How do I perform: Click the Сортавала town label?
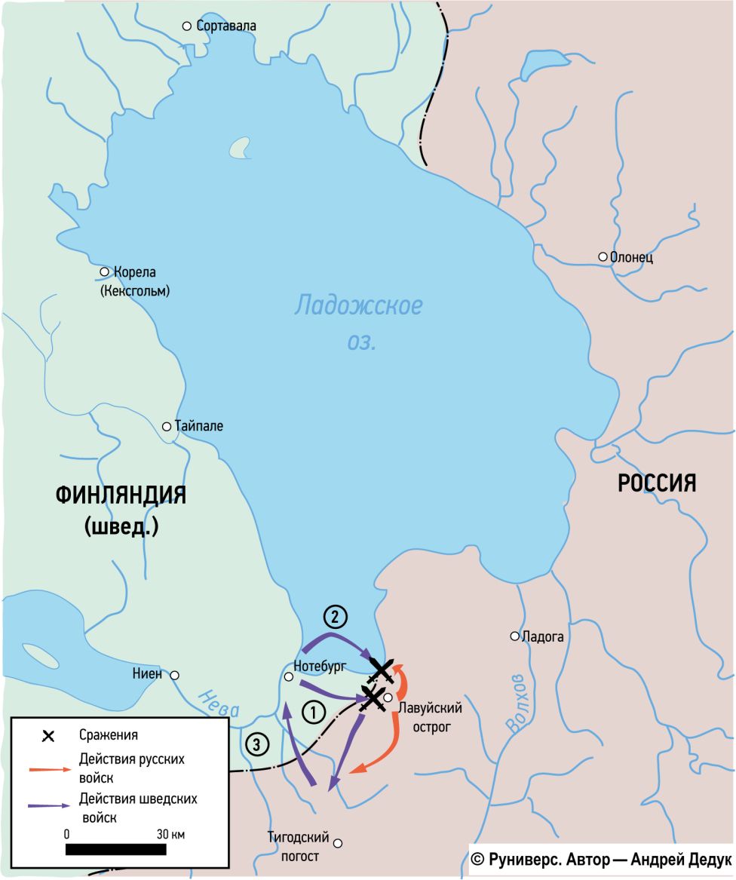coord(225,26)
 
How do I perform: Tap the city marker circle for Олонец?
coord(603,257)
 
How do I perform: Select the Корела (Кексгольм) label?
coord(135,281)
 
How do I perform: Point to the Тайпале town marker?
coord(167,427)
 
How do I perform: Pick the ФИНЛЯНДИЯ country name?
coord(121,495)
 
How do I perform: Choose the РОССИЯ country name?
coord(657,483)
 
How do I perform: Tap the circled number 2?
coord(336,617)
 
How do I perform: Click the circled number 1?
coord(313,710)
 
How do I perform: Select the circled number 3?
coord(256,745)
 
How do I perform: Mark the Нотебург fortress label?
coord(320,667)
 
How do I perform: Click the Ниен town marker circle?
coord(174,675)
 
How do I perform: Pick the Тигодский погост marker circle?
coord(338,843)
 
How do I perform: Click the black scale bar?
coord(116,850)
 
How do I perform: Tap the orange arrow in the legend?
coord(52,768)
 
